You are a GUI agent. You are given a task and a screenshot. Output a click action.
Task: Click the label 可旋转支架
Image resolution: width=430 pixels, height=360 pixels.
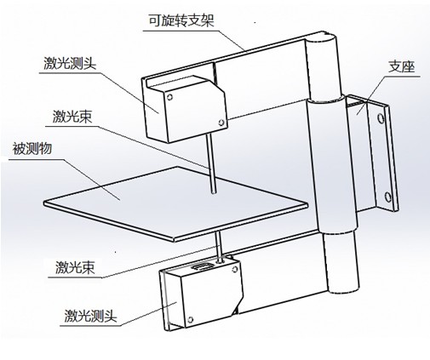181,20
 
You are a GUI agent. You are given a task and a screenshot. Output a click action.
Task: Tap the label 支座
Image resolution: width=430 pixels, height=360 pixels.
402,67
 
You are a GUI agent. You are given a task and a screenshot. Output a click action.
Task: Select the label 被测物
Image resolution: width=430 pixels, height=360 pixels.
32,149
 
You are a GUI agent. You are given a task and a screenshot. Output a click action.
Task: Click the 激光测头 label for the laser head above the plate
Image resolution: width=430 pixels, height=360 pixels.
70,63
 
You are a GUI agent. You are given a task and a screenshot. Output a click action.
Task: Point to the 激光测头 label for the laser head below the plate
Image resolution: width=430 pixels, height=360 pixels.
91,316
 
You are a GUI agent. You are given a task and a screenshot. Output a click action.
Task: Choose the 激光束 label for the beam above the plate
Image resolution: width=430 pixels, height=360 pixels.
72,117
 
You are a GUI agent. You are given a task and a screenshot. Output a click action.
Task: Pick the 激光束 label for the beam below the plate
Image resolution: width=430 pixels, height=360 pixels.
75,267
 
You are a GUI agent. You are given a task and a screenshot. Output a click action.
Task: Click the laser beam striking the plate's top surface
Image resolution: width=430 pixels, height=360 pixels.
212,163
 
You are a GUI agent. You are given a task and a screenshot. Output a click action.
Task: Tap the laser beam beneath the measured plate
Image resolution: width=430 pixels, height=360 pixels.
219,245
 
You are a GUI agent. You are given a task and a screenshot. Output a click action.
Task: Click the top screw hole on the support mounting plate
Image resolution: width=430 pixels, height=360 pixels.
381,117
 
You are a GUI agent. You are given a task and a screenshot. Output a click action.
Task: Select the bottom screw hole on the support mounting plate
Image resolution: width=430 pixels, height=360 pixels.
387,197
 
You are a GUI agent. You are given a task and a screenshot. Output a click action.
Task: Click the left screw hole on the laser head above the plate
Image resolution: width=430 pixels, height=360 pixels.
169,97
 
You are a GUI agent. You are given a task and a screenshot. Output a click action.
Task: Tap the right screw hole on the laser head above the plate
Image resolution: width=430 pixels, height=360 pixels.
221,123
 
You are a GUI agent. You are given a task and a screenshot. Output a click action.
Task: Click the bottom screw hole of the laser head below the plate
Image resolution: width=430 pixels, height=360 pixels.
190,320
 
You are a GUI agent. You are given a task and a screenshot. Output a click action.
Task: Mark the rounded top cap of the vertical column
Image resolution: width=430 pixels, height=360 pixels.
322,37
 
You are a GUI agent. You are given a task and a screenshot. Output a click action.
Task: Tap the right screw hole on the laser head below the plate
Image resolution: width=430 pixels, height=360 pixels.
235,269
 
